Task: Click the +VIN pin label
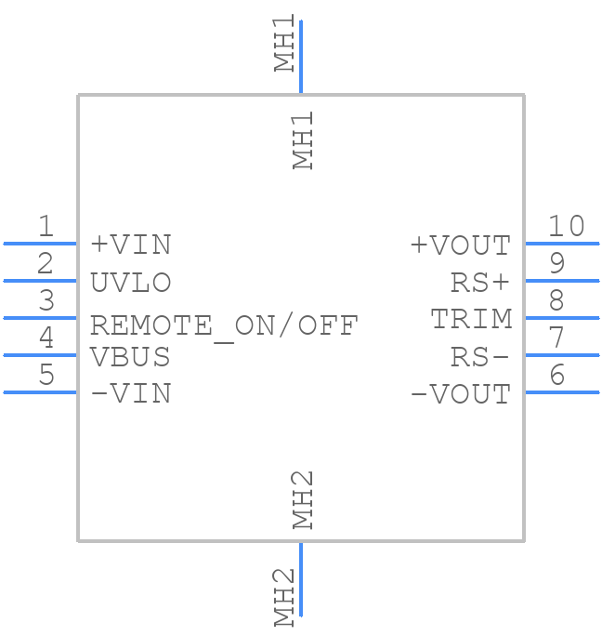tap(131, 245)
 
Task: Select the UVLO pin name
tap(131, 282)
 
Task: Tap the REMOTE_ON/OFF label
tap(224, 325)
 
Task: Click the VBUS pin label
tap(131, 356)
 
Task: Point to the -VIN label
tap(131, 393)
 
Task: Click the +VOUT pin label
tap(461, 245)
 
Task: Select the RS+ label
tap(480, 282)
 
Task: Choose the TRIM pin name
tap(471, 319)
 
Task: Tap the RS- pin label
tap(480, 356)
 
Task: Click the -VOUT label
tap(461, 394)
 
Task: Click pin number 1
tap(46, 226)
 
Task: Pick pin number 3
tap(46, 300)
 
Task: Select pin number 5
tap(46, 375)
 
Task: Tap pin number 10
tap(566, 226)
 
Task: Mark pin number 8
tap(556, 300)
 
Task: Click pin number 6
tap(556, 375)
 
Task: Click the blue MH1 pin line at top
tap(301, 57)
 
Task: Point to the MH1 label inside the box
tap(304, 140)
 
